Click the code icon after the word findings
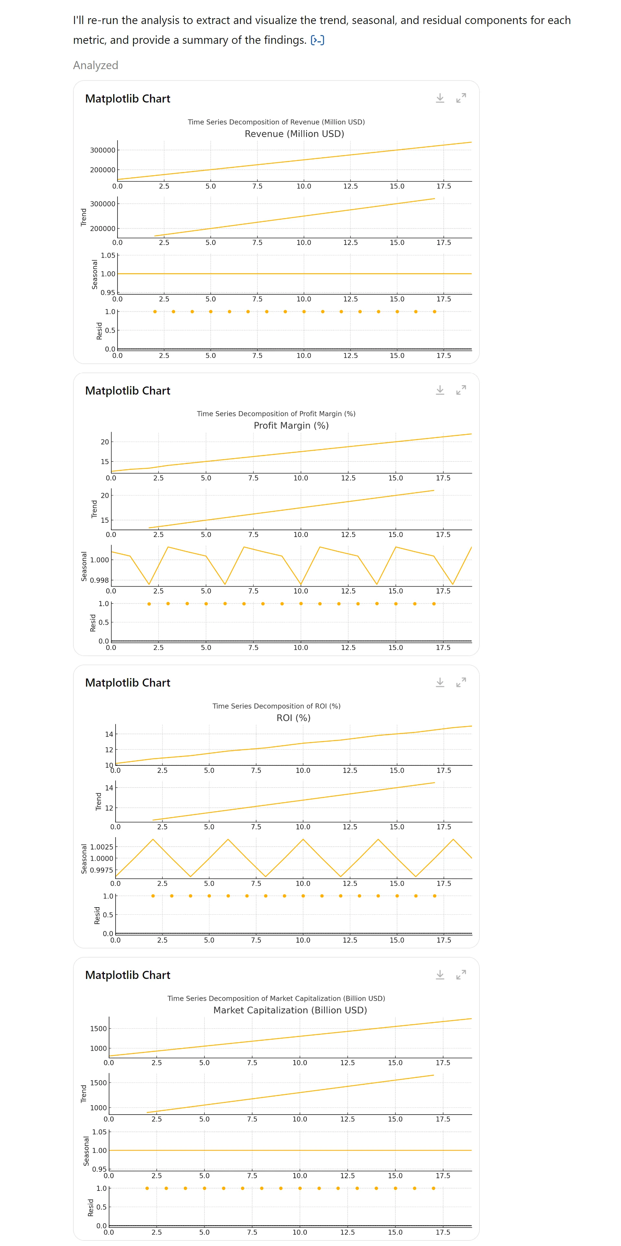tap(317, 40)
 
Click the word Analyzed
tap(95, 65)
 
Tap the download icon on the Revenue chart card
tap(440, 98)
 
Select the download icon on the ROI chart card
tap(440, 682)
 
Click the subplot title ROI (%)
tap(293, 718)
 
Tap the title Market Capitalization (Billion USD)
tap(290, 1010)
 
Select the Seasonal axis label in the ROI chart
tap(84, 859)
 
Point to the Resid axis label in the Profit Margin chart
tap(93, 623)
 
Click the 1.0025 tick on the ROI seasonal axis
tap(102, 847)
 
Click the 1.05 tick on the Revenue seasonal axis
tap(108, 255)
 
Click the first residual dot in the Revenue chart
tap(155, 311)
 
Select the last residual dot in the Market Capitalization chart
tap(433, 1188)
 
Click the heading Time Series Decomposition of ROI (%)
tap(276, 706)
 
